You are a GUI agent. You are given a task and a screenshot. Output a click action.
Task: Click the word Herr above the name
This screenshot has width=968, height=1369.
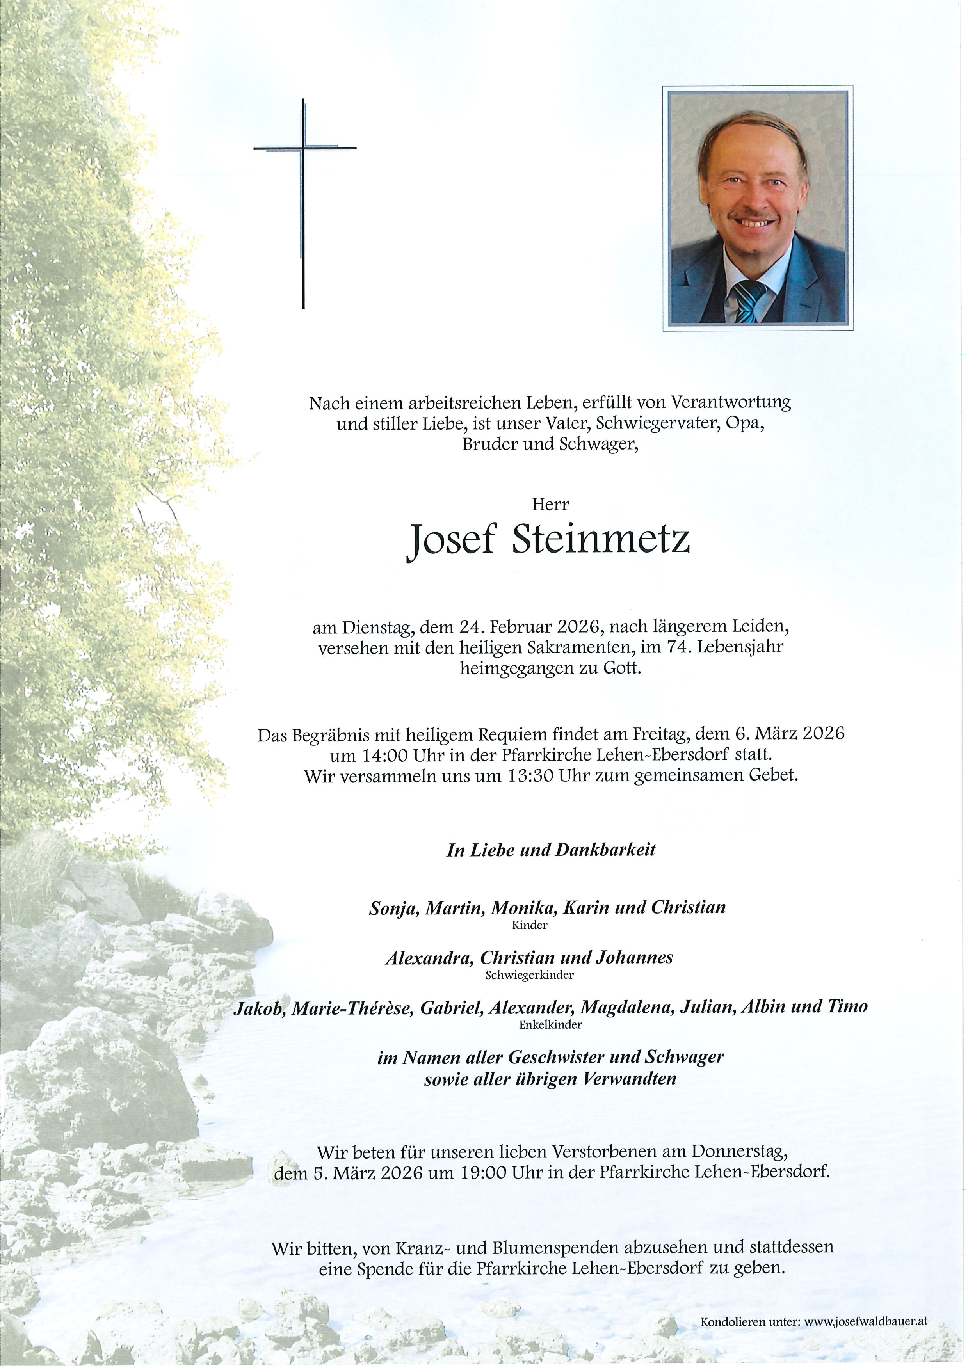coord(550,505)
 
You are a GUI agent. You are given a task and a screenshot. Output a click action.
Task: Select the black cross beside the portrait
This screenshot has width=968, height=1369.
coord(304,203)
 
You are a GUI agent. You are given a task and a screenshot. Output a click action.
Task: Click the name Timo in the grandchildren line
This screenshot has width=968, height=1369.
coord(847,1006)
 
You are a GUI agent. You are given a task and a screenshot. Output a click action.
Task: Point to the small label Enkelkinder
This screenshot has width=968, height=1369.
coord(550,1025)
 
